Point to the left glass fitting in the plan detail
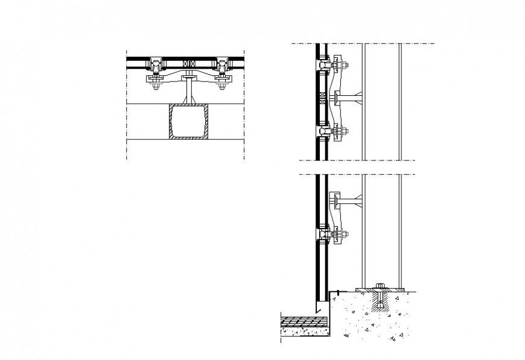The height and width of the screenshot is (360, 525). (156, 65)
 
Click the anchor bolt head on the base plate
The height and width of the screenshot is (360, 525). (380, 285)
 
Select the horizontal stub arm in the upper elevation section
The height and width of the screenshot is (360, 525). (350, 96)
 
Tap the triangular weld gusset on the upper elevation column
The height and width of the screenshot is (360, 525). (360, 96)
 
